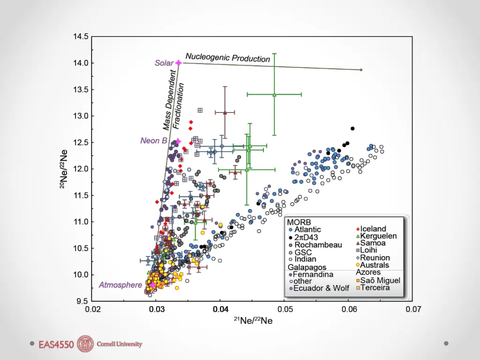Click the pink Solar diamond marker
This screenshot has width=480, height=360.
179,63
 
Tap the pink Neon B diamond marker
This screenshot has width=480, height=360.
178,141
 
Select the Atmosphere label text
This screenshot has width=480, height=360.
120,285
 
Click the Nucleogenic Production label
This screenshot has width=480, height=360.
228,57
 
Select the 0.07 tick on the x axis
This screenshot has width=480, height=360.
412,309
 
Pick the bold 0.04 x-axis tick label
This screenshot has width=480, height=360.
220,309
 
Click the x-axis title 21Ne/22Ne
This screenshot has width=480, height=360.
253,321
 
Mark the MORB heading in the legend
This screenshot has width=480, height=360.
299,222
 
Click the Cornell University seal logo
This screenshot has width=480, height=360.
85,344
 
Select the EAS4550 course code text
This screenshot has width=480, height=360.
56,345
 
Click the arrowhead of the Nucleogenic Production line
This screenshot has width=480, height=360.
361,70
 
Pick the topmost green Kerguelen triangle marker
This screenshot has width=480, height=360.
275,94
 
